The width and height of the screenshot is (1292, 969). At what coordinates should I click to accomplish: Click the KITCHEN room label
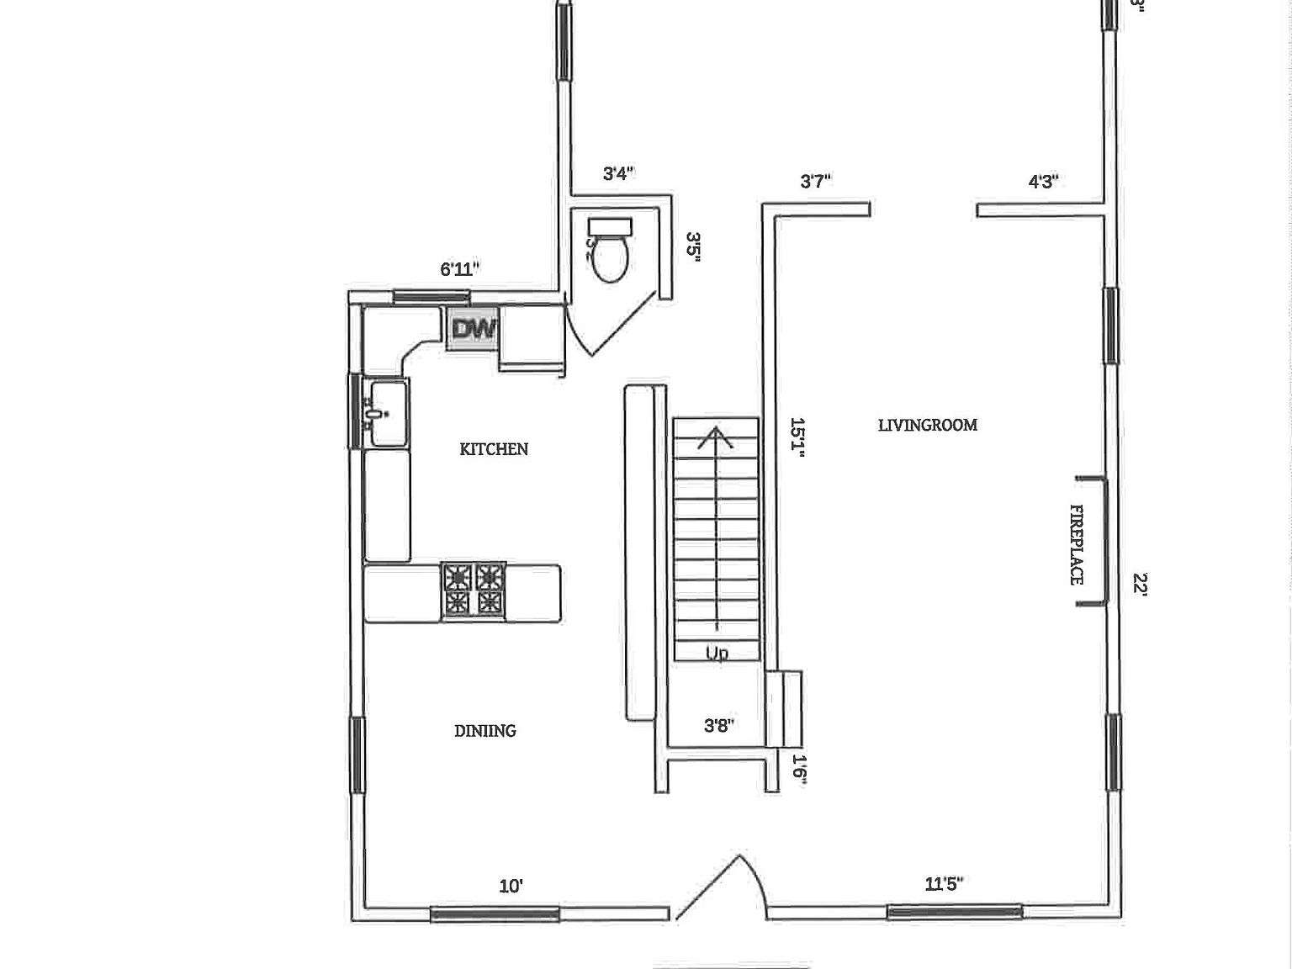(494, 449)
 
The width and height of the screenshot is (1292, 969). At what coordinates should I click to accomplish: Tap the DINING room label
(485, 731)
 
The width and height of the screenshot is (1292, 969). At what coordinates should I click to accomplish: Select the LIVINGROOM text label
(928, 425)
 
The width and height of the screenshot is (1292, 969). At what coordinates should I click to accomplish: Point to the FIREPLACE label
(1076, 544)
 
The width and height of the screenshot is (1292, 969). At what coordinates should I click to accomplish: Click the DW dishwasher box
(474, 329)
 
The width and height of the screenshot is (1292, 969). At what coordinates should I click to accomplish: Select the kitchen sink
(386, 413)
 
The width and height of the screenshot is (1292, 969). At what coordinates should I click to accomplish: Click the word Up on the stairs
(717, 653)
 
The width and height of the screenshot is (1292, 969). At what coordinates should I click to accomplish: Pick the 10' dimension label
(511, 886)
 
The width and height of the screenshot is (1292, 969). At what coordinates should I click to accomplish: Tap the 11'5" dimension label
(944, 884)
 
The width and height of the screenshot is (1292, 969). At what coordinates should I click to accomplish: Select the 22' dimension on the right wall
(1141, 583)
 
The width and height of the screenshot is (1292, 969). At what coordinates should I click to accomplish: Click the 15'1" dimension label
(797, 437)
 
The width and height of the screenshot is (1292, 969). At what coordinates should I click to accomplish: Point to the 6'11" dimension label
(460, 269)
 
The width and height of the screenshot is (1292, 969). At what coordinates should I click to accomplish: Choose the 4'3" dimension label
(1043, 181)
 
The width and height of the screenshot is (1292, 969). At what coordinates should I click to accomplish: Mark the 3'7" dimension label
(816, 181)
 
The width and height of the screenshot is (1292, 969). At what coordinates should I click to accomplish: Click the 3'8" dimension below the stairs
(719, 725)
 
